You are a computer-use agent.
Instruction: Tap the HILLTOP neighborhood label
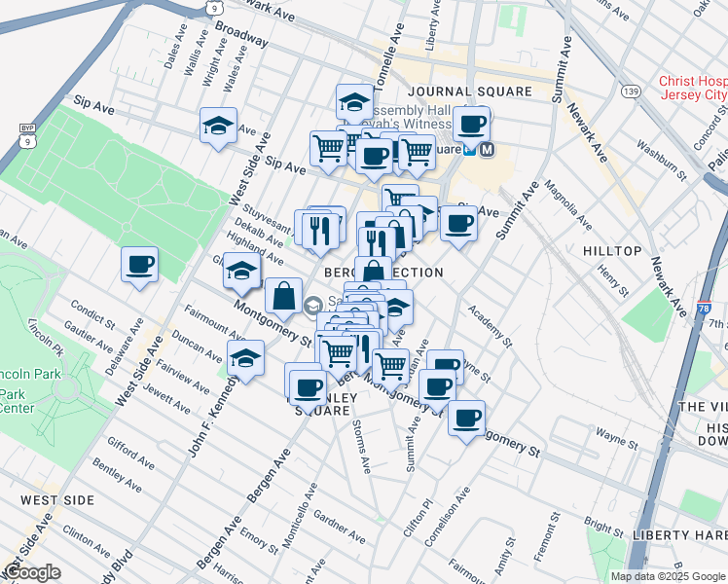(612, 251)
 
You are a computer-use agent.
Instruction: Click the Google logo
(32, 572)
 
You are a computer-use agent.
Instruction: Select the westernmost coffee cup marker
(140, 264)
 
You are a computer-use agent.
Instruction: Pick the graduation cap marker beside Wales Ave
(219, 126)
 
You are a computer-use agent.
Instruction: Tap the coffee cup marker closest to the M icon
(472, 125)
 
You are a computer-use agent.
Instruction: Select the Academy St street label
(490, 326)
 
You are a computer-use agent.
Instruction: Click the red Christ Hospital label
(692, 89)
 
